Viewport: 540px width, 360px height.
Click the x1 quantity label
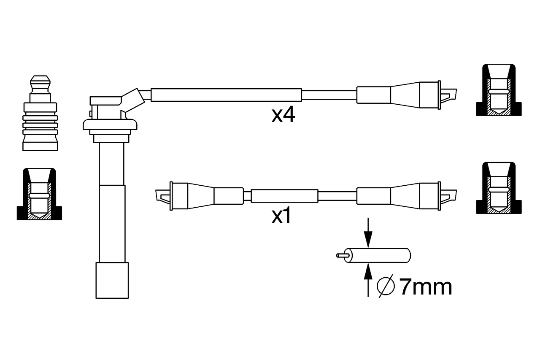click(281, 216)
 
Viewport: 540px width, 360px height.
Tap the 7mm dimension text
click(426, 287)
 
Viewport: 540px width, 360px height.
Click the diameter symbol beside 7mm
click(386, 286)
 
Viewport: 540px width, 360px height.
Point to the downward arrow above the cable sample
click(368, 233)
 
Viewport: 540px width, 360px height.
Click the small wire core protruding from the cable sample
click(342, 255)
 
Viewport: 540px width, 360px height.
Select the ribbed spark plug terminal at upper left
click(40, 113)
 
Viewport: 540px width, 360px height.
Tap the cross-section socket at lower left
click(39, 194)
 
